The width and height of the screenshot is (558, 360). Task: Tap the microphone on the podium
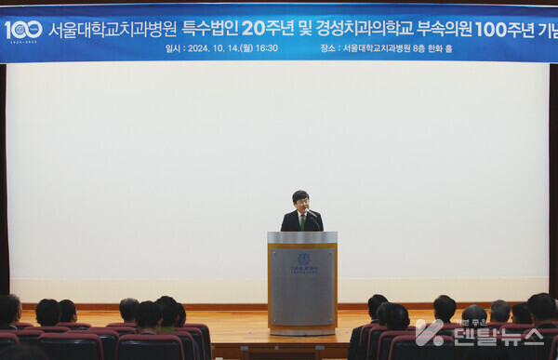coord(313,215)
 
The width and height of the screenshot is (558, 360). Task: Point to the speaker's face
coord(300,201)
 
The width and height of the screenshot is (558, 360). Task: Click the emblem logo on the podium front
coord(303,259)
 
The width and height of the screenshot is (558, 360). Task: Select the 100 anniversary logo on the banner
coord(23,30)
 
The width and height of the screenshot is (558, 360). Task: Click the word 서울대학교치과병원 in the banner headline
coord(113,29)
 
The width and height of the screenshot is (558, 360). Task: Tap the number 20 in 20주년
coord(254,29)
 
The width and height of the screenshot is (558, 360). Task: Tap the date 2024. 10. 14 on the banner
coord(213,48)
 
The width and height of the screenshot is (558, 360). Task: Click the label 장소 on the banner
coord(327,48)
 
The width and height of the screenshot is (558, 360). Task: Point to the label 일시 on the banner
coord(173,48)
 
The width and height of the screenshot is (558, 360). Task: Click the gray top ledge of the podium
coord(302,238)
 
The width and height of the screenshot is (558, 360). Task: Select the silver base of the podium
coord(302,329)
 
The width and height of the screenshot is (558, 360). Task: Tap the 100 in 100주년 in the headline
coord(489,29)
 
